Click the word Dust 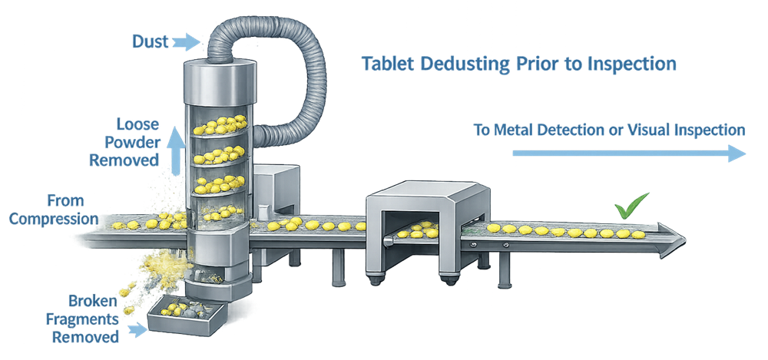click(x=150, y=41)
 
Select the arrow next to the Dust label click(x=185, y=41)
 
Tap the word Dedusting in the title click(x=455, y=64)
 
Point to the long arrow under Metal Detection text click(x=628, y=154)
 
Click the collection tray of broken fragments click(x=184, y=316)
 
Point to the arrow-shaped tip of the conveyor click(x=669, y=233)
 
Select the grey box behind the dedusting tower click(x=275, y=188)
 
